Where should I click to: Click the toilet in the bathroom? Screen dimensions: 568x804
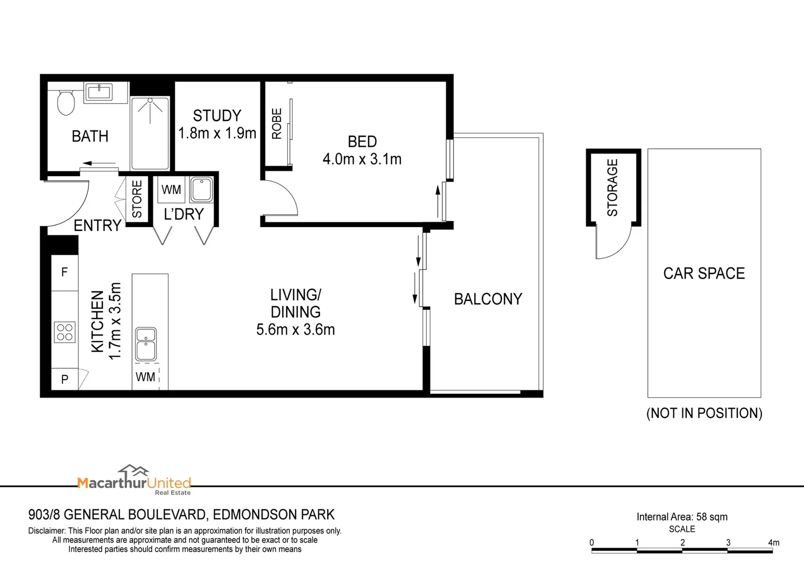coord(66,103)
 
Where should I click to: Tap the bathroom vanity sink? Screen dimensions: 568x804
coord(99,92)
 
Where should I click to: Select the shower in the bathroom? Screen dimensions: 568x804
coord(150,133)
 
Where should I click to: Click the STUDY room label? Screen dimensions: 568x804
coord(217,116)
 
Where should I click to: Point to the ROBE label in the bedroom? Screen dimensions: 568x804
coord(277,124)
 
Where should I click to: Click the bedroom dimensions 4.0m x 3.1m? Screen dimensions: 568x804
coord(362,159)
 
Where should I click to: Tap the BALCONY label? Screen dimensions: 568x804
coord(488,299)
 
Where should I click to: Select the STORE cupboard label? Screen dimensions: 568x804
coord(137,199)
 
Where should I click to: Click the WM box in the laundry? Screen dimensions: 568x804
coord(171,190)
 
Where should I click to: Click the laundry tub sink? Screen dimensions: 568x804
coord(202,190)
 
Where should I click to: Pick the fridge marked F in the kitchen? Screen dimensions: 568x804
coord(65,272)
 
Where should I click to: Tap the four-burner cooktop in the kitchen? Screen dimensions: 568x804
coord(65,332)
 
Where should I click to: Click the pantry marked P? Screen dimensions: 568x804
coord(65,379)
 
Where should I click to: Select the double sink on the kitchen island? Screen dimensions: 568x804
coord(146,343)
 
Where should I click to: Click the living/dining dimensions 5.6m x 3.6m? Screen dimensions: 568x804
coord(295,330)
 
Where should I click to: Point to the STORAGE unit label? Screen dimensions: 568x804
coord(612,188)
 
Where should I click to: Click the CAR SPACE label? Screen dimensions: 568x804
coord(703,273)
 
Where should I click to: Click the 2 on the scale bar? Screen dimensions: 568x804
coord(682,542)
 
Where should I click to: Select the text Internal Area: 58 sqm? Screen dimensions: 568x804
coord(682,517)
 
